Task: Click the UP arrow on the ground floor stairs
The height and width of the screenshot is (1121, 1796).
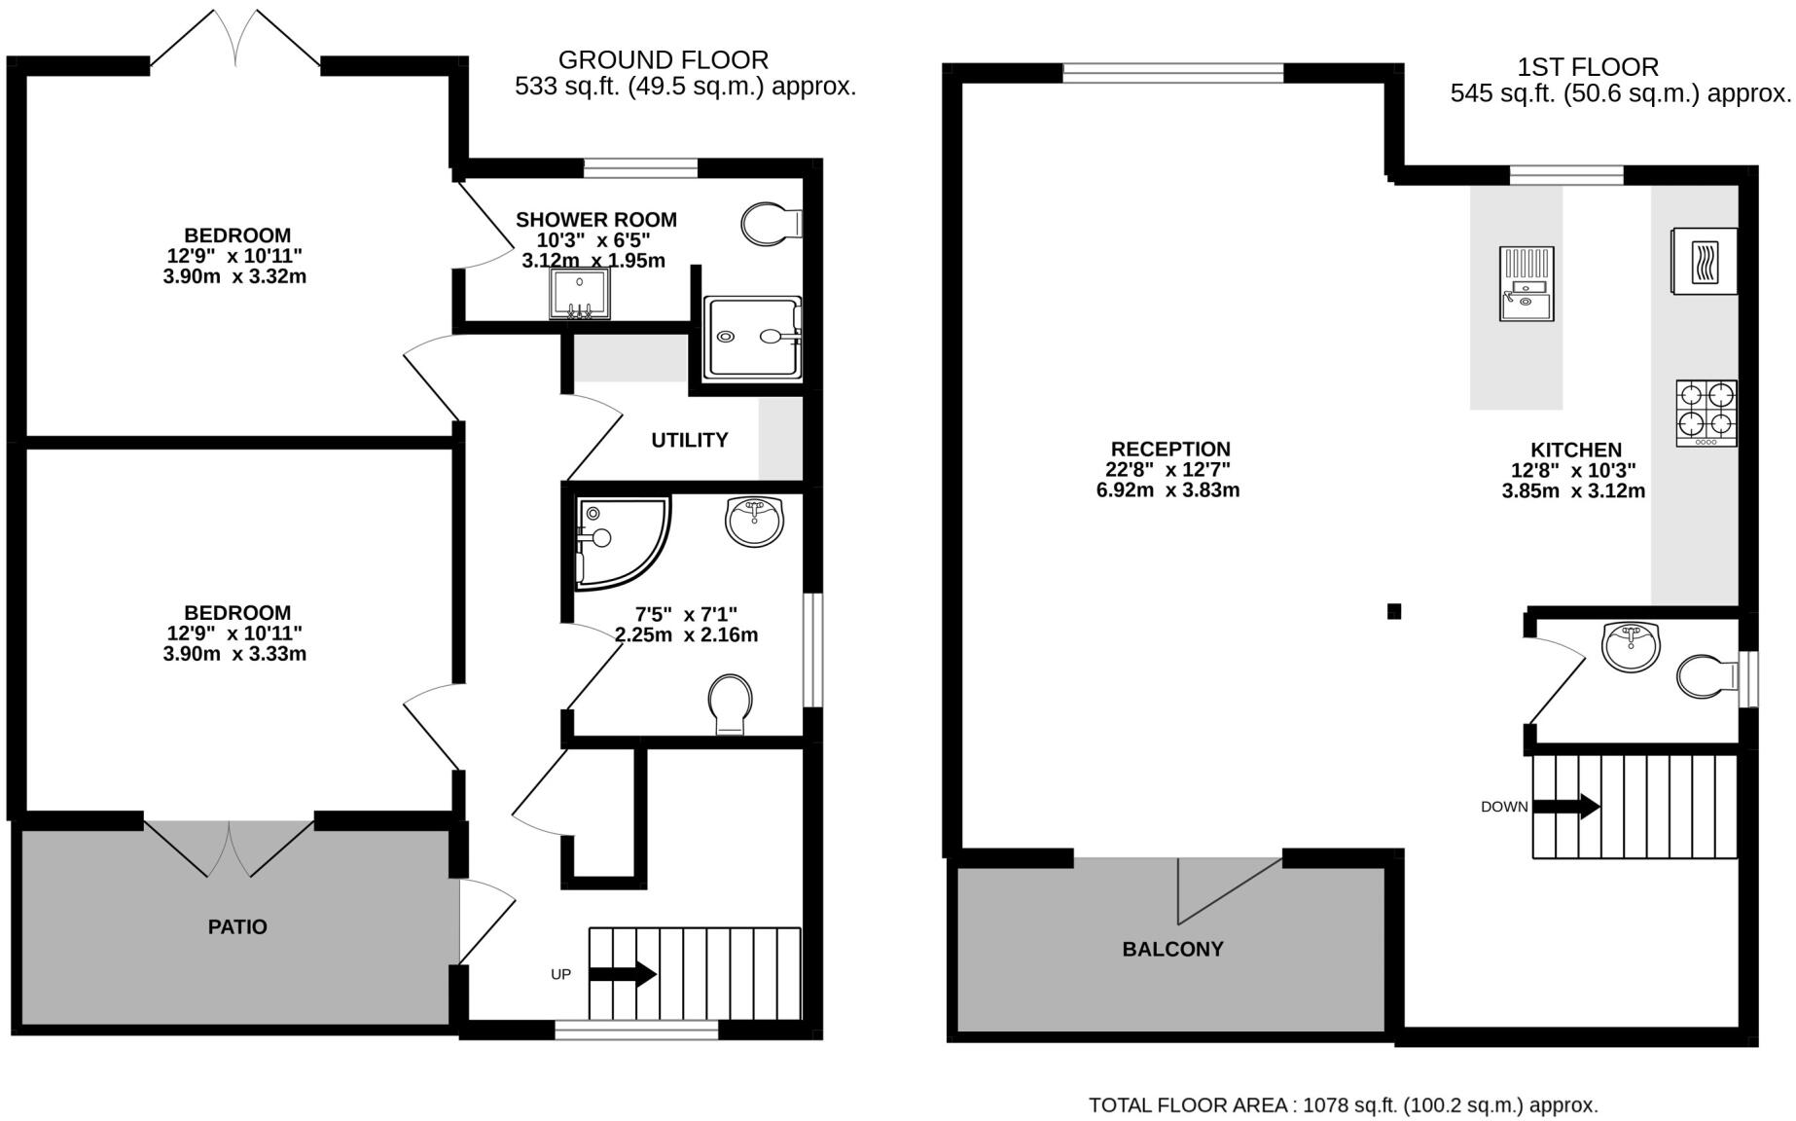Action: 623,974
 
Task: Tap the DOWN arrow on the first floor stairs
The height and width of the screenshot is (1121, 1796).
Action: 1565,806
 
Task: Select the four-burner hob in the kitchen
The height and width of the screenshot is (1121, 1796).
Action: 1706,413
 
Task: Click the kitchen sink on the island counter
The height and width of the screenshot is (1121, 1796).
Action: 1527,283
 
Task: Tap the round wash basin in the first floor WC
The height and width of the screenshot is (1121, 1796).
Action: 1631,647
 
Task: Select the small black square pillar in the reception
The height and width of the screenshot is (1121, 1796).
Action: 1394,611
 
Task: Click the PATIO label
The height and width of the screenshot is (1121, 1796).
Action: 237,927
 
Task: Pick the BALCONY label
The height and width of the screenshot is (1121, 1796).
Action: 1172,950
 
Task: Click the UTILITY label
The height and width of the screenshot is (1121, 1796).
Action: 689,440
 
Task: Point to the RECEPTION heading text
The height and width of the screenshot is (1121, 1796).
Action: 1170,449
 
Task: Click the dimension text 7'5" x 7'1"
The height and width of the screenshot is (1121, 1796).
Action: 686,614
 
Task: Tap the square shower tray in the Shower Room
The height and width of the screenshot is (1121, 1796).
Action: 753,337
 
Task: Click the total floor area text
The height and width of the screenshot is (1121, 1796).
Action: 1343,1105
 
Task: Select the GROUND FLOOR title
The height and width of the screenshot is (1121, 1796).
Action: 663,60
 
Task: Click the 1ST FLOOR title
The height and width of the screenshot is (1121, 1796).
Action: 1587,67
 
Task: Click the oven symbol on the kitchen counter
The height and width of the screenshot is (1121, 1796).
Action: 1704,261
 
